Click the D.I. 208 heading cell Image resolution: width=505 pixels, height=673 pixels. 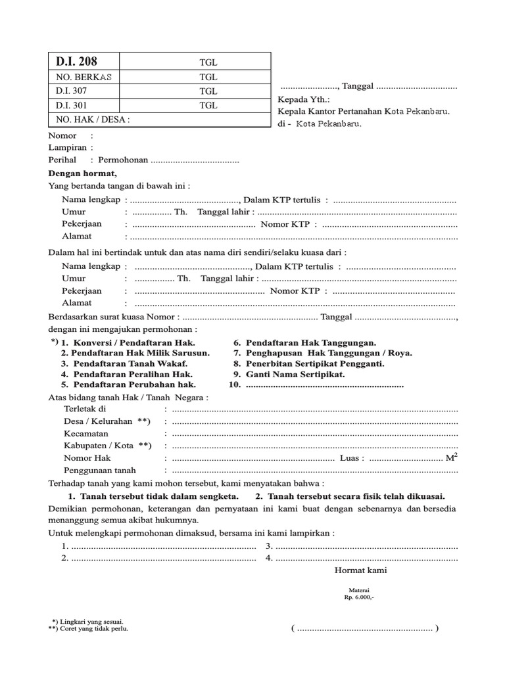pos(76,62)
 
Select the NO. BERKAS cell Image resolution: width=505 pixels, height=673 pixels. pos(84,77)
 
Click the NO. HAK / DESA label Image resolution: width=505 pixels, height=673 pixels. pos(93,120)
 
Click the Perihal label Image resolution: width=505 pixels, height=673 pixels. pos(62,160)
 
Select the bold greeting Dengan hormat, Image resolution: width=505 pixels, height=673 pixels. pos(83,174)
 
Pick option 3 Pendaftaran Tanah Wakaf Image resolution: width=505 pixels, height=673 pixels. pos(124,363)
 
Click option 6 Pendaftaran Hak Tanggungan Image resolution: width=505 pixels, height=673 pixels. pos(305,342)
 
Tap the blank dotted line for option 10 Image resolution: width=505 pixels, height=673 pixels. pos(324,385)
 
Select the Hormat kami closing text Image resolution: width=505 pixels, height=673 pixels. pos(361,570)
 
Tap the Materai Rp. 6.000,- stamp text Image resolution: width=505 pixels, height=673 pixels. pos(358,595)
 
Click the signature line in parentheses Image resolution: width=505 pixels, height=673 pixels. pos(365,628)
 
